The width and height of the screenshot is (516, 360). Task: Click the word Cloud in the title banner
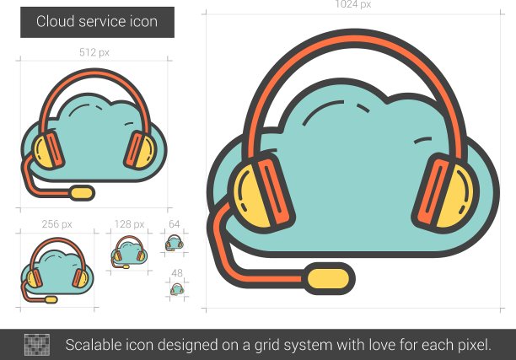coord(56,21)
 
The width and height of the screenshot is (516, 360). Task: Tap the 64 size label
coord(174,224)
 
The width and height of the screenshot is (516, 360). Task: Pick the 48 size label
coord(177,273)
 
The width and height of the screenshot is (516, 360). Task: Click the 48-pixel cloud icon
coord(177,289)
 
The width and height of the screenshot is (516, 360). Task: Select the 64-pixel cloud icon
coord(174,243)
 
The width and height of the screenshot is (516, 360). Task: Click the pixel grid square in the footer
coord(37,345)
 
